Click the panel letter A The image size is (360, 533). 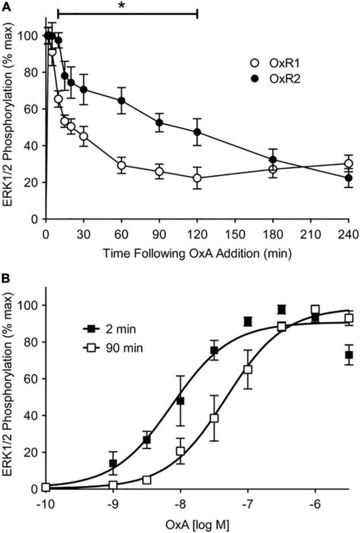[x=6, y=6]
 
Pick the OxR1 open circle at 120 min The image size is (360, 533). [x=197, y=178]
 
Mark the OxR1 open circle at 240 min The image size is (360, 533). [x=348, y=164]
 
